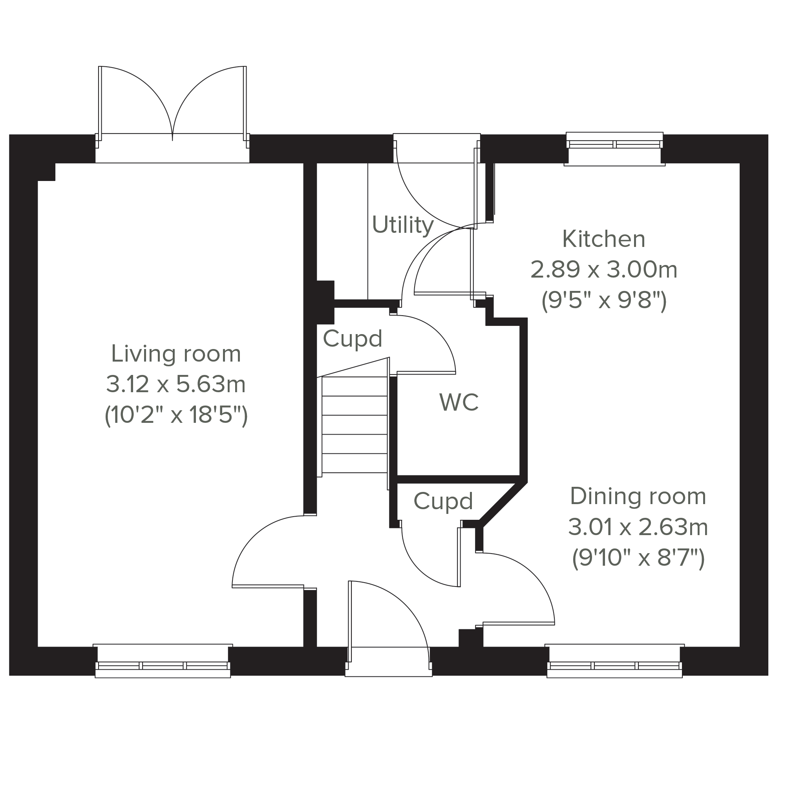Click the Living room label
[x=176, y=354]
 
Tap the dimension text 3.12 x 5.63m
[x=176, y=384]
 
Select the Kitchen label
[x=604, y=239]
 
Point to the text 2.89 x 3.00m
[x=604, y=270]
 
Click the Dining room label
[x=638, y=496]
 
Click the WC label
[x=459, y=402]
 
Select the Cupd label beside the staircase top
[x=352, y=338]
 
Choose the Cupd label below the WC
[x=443, y=501]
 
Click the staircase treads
[x=354, y=425]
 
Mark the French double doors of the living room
[x=172, y=107]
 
